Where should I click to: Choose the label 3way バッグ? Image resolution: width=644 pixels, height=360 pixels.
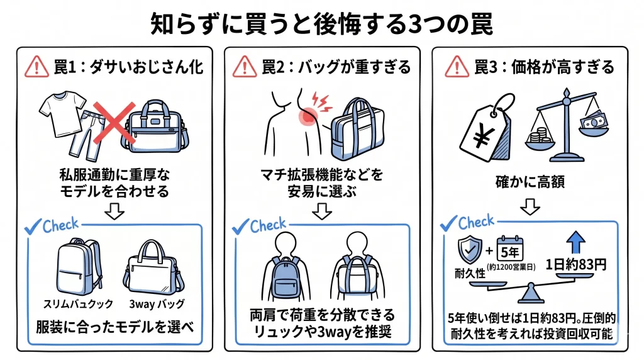[157, 304]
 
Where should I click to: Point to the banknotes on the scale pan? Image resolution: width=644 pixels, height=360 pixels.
[594, 121]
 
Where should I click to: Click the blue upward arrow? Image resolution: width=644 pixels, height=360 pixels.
[575, 242]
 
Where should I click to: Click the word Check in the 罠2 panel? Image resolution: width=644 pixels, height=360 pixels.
[268, 225]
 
